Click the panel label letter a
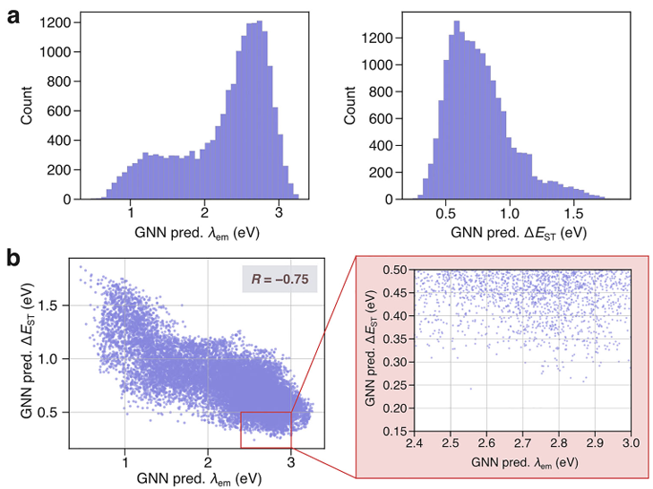(13, 18)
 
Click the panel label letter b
(13, 259)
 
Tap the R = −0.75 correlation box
(279, 279)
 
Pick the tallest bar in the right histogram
(457, 110)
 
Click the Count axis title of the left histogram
(26, 106)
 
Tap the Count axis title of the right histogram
(349, 106)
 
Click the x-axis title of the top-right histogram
(519, 233)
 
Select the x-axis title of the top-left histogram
(197, 233)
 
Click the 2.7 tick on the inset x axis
(522, 442)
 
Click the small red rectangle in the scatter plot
(266, 412)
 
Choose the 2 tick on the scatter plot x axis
(208, 462)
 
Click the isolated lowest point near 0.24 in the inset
(471, 389)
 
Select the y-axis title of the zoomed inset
(370, 348)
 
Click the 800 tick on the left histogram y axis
(59, 81)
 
